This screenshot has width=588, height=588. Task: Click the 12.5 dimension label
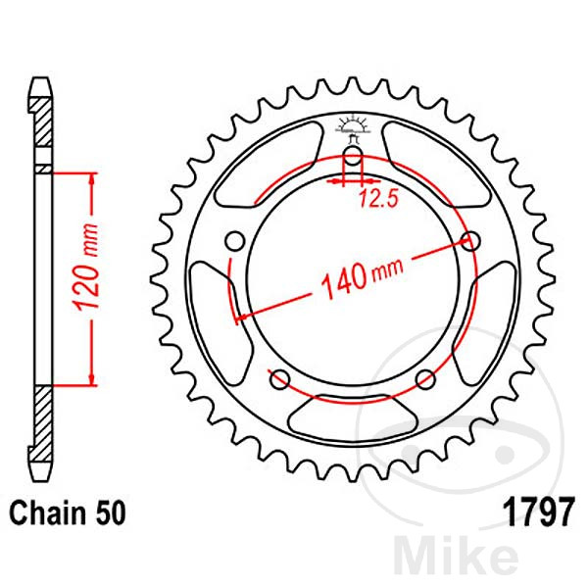point(378,198)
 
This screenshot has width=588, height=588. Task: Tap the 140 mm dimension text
point(363,276)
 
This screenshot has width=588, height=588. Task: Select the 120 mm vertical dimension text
point(86,268)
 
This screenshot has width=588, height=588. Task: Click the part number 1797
point(540,513)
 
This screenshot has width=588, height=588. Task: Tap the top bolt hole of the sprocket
point(353,156)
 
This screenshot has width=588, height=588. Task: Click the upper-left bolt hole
point(235,241)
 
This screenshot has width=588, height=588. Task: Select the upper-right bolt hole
point(470,241)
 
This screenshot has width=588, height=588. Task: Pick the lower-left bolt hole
point(280,379)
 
